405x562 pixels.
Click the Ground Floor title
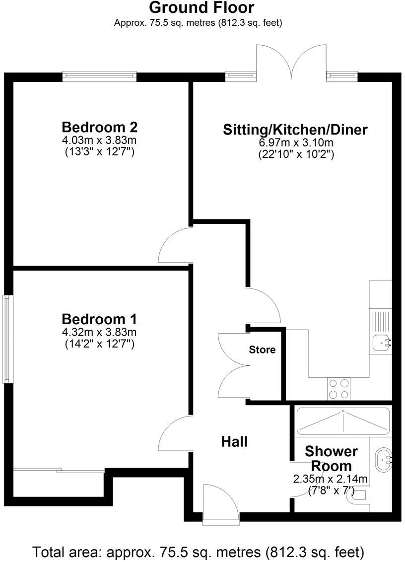202,8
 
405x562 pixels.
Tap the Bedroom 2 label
99,126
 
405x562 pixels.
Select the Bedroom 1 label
99,318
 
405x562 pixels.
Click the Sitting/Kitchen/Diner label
295,130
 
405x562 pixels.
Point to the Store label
262,350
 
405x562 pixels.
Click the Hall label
234,441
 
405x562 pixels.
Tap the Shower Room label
331,459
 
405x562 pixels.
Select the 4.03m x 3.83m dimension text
99,140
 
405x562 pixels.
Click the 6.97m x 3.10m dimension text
296,143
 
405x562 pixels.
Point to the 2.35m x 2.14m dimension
330,479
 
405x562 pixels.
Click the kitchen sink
381,342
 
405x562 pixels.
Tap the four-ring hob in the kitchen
338,389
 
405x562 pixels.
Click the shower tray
342,420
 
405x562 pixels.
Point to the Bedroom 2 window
99,75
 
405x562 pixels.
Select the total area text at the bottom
199,552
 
